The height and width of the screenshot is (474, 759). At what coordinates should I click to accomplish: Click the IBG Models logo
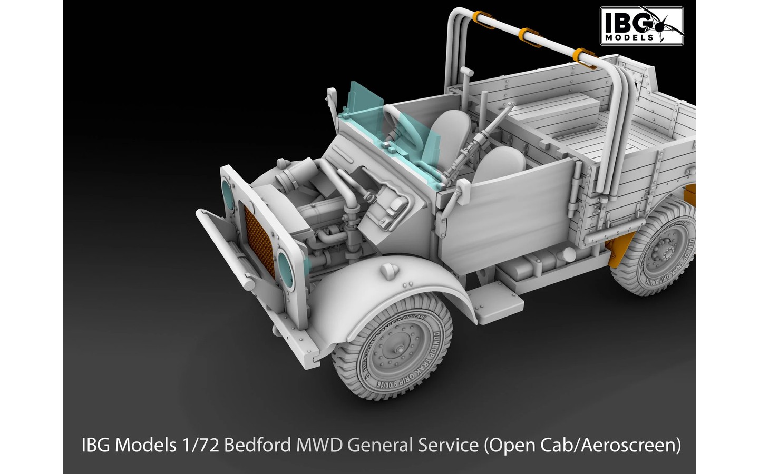point(642,24)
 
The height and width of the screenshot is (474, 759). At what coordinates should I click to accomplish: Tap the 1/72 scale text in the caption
point(202,446)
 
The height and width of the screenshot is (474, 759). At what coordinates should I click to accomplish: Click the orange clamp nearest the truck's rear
point(582,55)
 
